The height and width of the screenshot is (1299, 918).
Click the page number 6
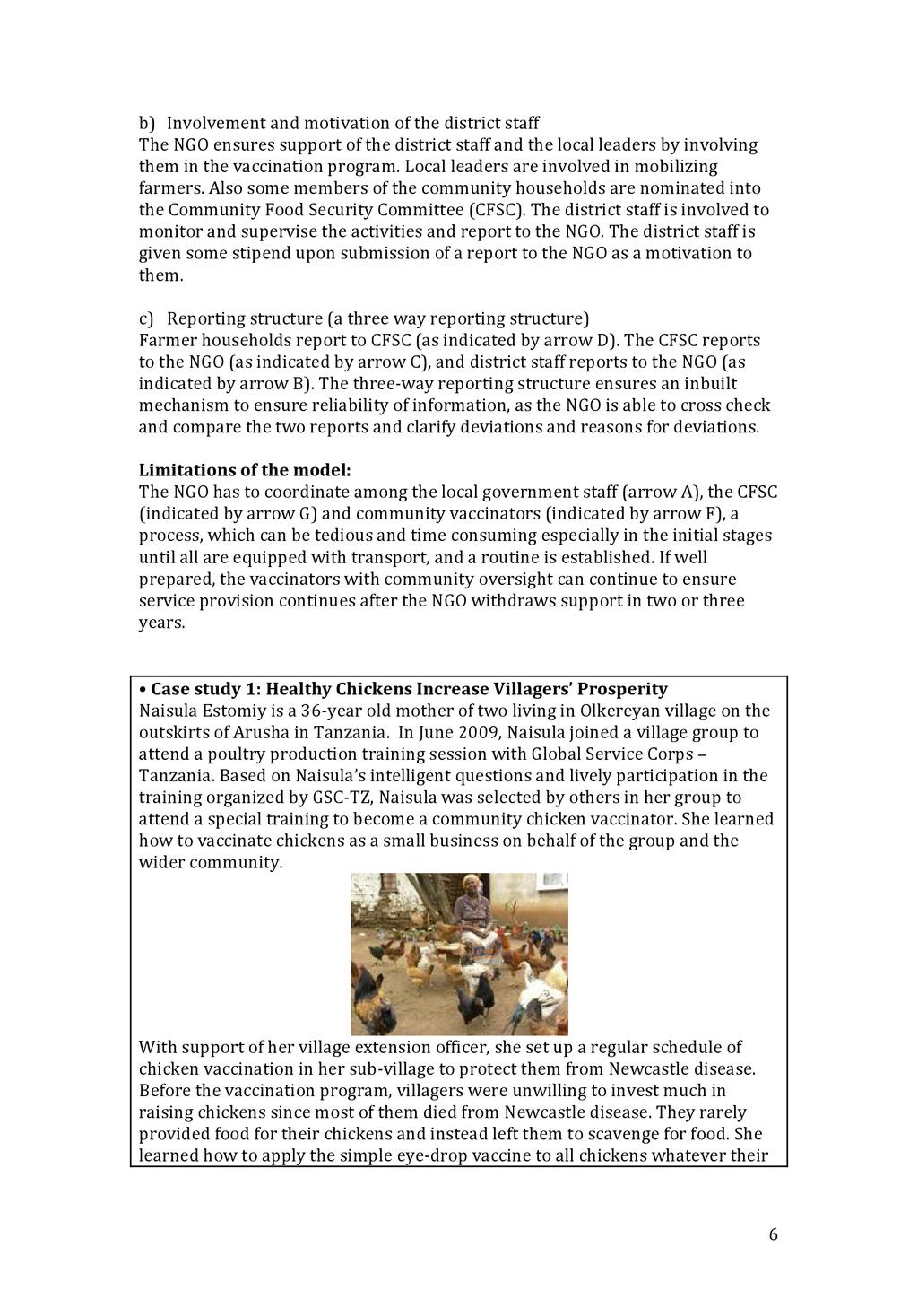[773, 1234]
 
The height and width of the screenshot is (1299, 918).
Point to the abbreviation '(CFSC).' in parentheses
[498, 210]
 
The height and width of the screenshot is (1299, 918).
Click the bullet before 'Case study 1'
[143, 689]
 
